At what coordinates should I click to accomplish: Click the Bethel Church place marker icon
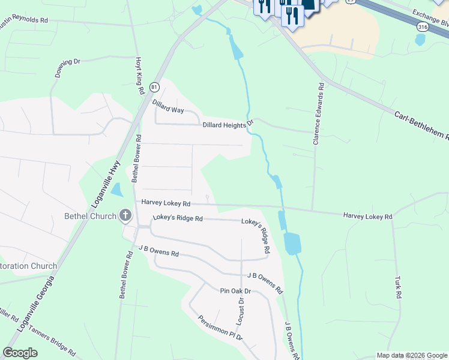pos(125,215)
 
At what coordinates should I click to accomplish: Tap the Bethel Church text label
pos(91,216)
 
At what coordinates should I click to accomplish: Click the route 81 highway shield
pos(154,87)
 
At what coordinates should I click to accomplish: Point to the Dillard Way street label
pos(167,106)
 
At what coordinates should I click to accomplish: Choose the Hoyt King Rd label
pos(139,76)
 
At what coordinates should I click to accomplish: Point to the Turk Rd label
pos(397,287)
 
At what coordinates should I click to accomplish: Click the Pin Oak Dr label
pos(235,291)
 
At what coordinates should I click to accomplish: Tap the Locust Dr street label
pos(240,313)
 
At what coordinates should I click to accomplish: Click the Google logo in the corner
pos(20,353)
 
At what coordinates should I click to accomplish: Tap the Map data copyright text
pos(412,355)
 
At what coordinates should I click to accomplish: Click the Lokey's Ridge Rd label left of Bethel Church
pos(178,218)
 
